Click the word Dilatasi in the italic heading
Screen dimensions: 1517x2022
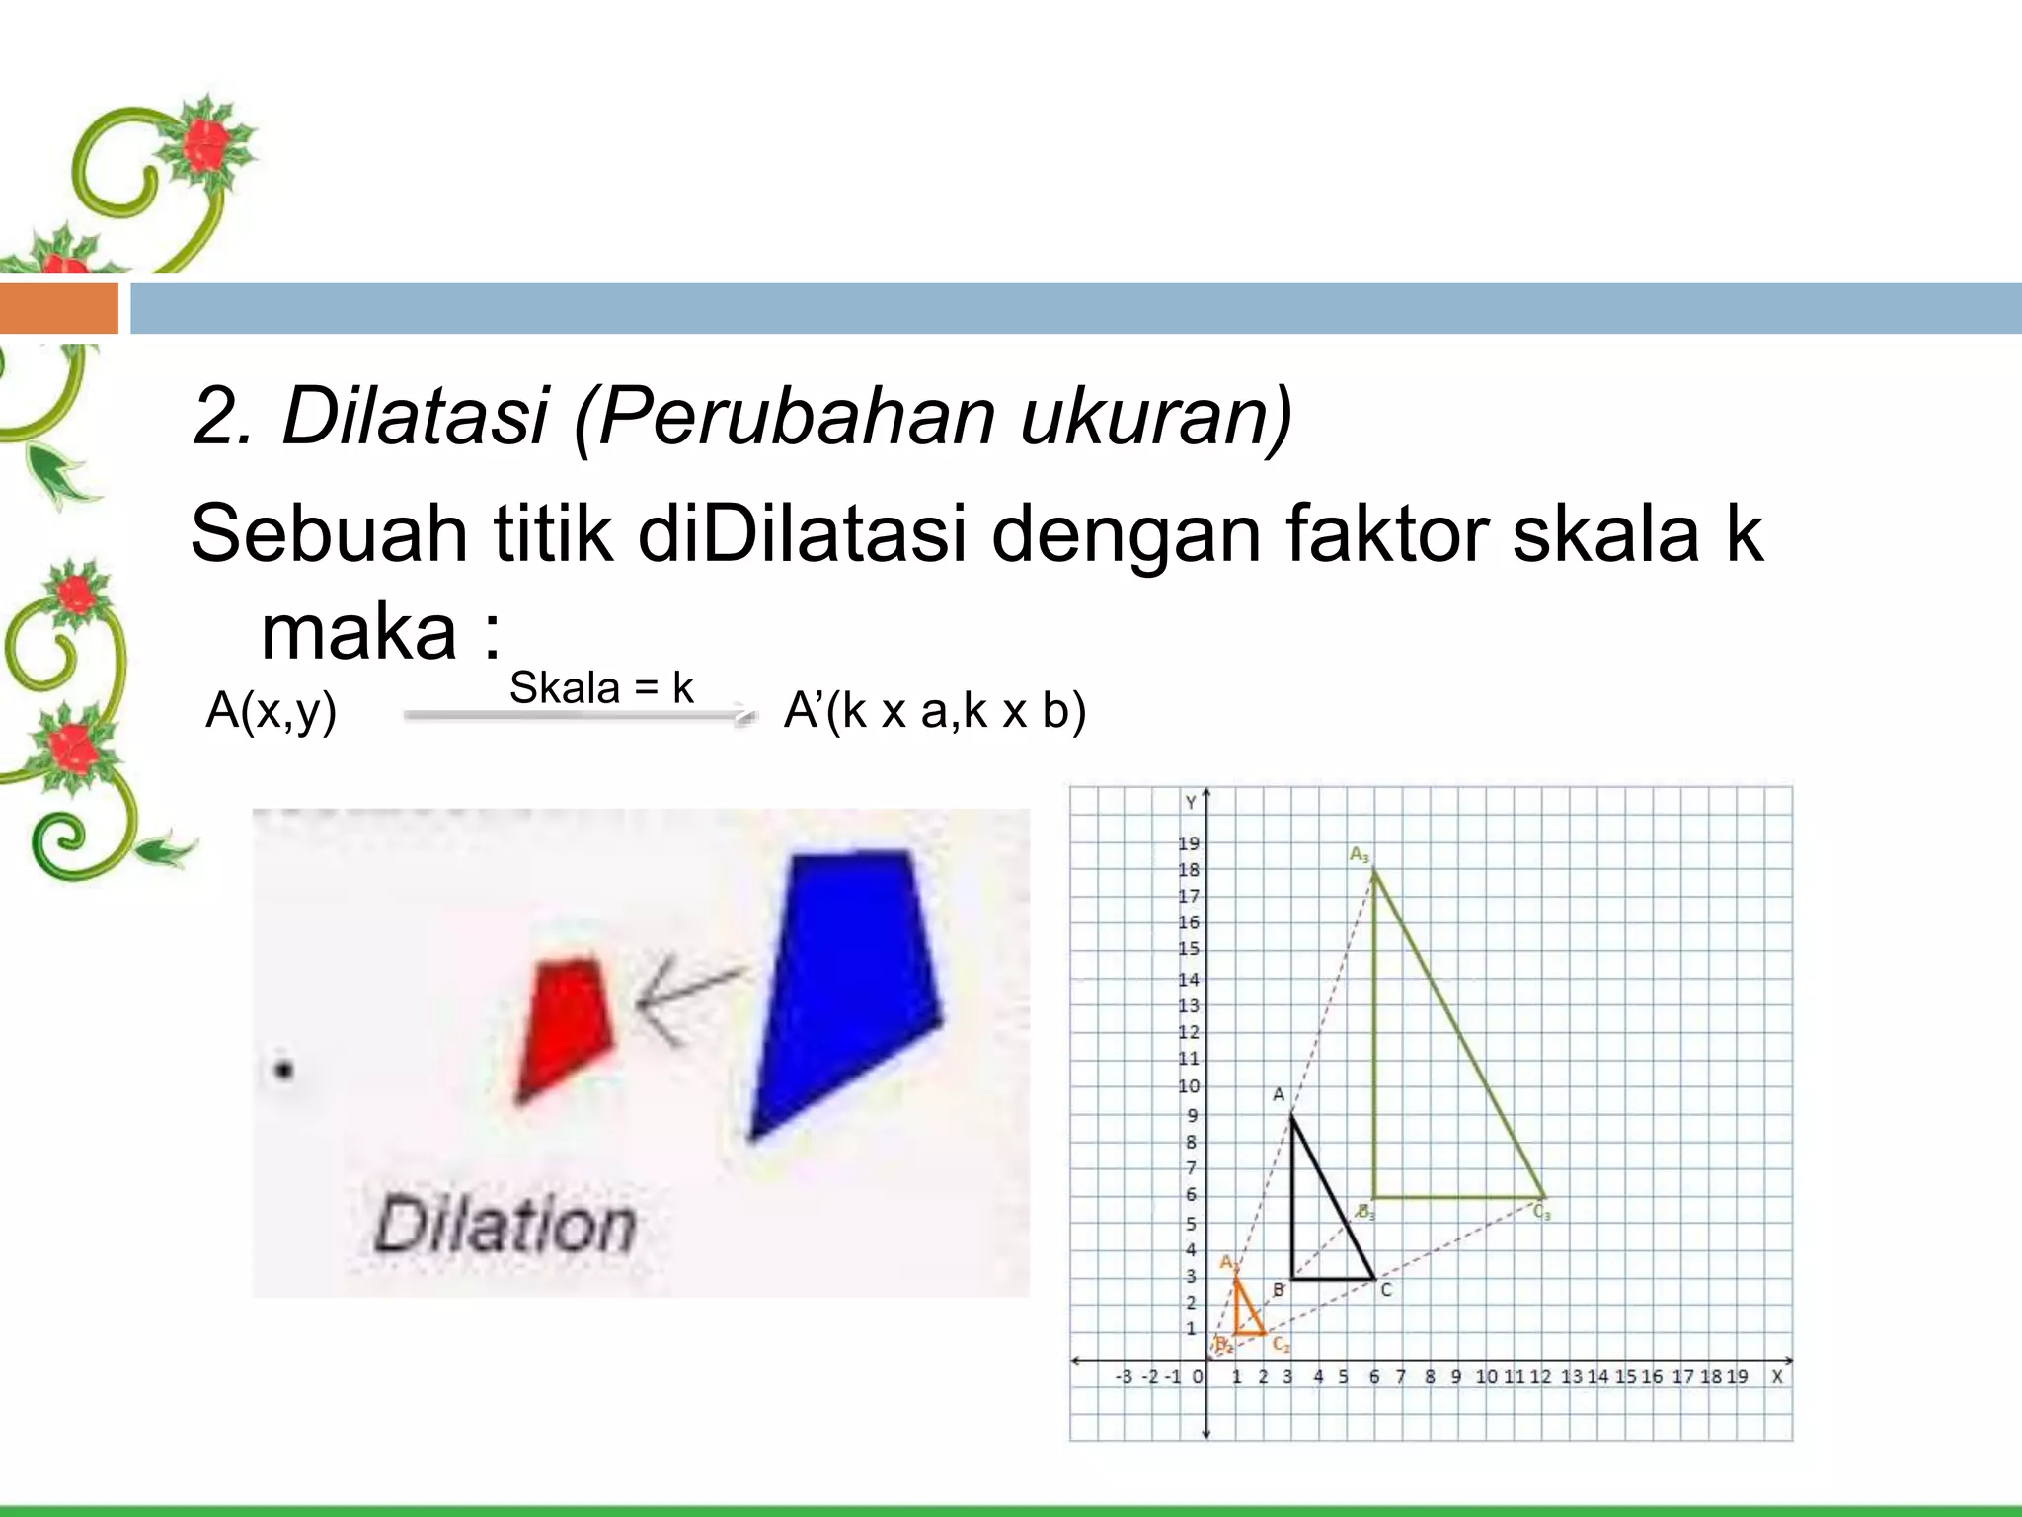pos(415,416)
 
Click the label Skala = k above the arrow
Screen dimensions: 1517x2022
pos(601,687)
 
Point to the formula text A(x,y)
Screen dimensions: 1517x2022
pos(271,710)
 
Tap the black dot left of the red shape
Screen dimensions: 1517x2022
pos(283,1070)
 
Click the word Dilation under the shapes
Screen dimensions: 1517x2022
pos(505,1226)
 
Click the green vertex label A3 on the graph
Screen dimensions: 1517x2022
pos(1360,854)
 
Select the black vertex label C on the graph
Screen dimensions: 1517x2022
pos(1386,1290)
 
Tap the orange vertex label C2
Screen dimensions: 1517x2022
pos(1281,1344)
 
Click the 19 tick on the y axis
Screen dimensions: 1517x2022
pos(1189,843)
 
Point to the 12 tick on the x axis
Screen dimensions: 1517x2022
pos(1540,1376)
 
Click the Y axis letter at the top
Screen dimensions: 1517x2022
pos(1191,802)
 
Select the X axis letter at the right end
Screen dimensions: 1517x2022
pos(1777,1376)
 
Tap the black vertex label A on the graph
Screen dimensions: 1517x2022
pos(1278,1094)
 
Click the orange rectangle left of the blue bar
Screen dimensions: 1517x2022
pos(58,308)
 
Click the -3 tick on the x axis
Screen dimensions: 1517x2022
pos(1124,1376)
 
